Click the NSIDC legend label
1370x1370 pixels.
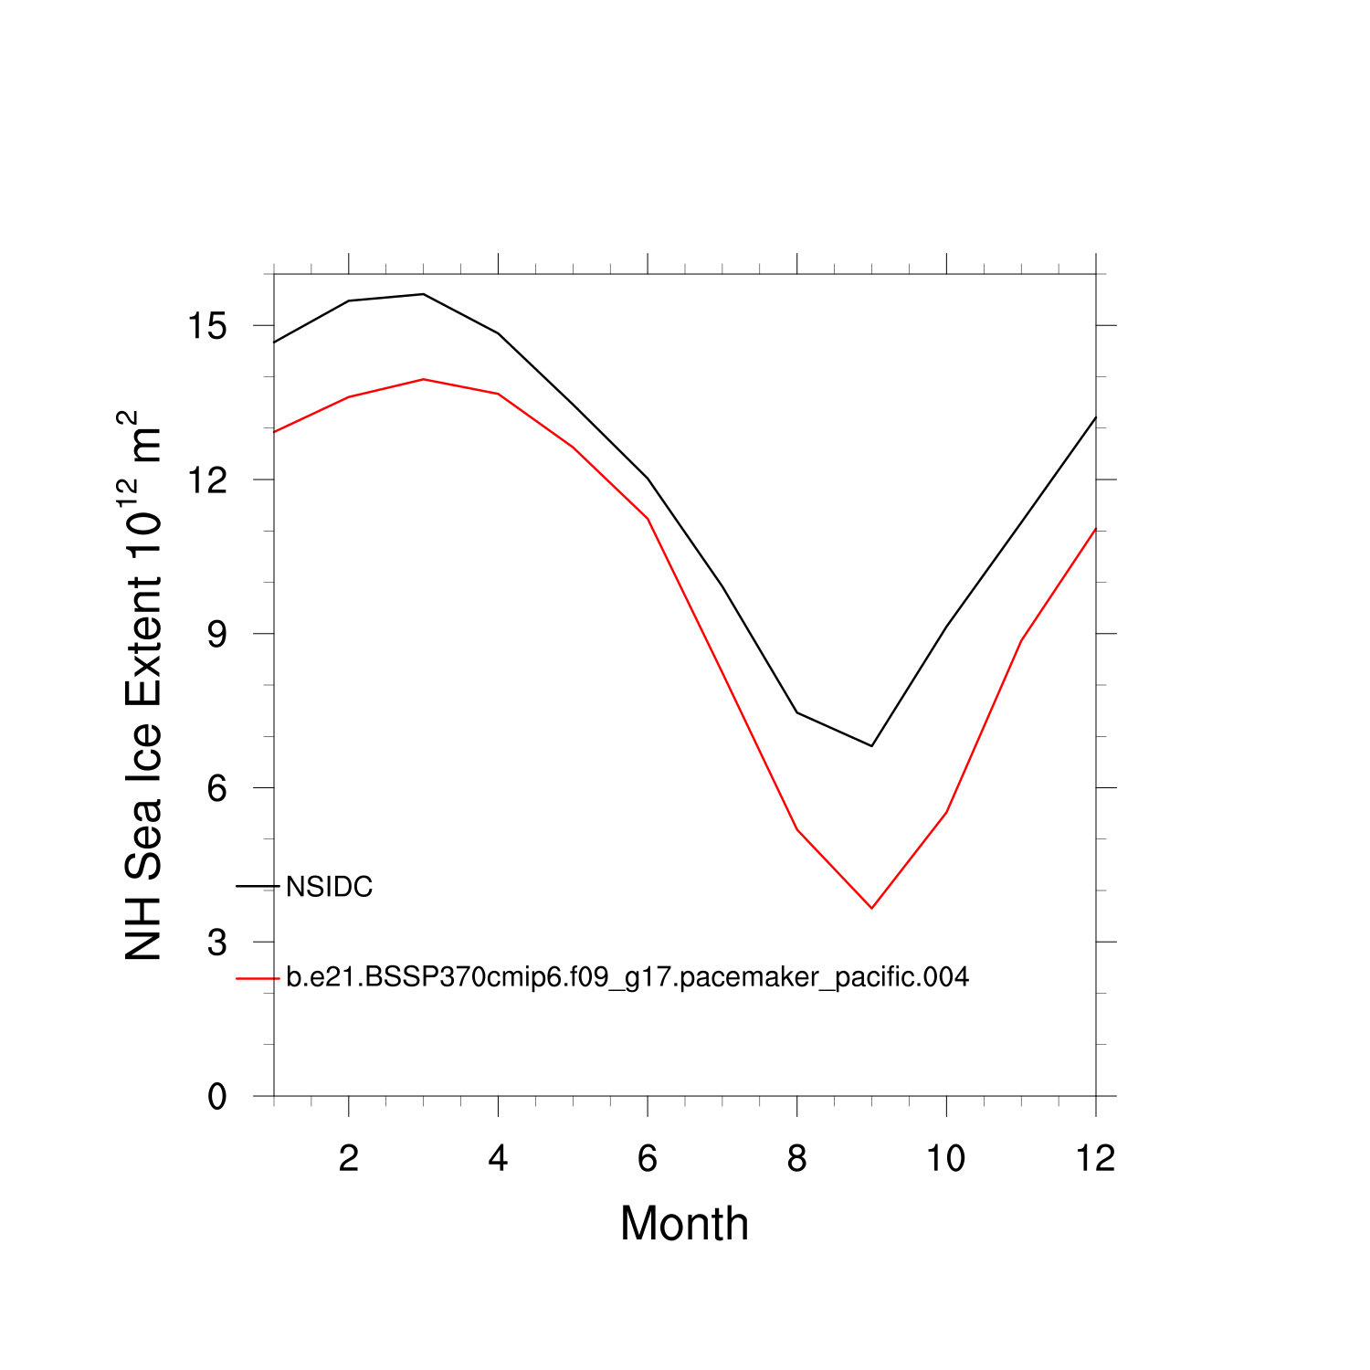pos(329,887)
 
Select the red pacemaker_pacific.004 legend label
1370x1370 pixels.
pos(627,977)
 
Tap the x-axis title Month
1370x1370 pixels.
pos(684,1224)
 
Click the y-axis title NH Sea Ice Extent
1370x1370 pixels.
pos(143,685)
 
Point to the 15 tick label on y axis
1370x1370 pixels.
pos(206,326)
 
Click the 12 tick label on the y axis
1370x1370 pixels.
pos(206,480)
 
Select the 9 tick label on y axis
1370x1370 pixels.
pos(216,634)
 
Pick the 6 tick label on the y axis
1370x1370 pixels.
pos(216,788)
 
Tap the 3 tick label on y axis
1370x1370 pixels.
pos(216,943)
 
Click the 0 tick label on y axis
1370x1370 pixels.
pos(216,1096)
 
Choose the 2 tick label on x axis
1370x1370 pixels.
pos(348,1159)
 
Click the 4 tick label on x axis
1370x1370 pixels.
pos(498,1159)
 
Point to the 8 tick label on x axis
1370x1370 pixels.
pos(796,1159)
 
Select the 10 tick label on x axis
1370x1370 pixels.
pos(946,1159)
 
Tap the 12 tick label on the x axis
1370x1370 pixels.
pos(1095,1159)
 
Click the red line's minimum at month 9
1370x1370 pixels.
pos(871,908)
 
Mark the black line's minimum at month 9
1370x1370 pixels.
pos(871,746)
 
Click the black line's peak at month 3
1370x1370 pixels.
pos(423,294)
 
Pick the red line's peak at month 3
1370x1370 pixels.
pos(423,379)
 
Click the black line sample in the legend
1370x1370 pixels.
pos(258,886)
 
